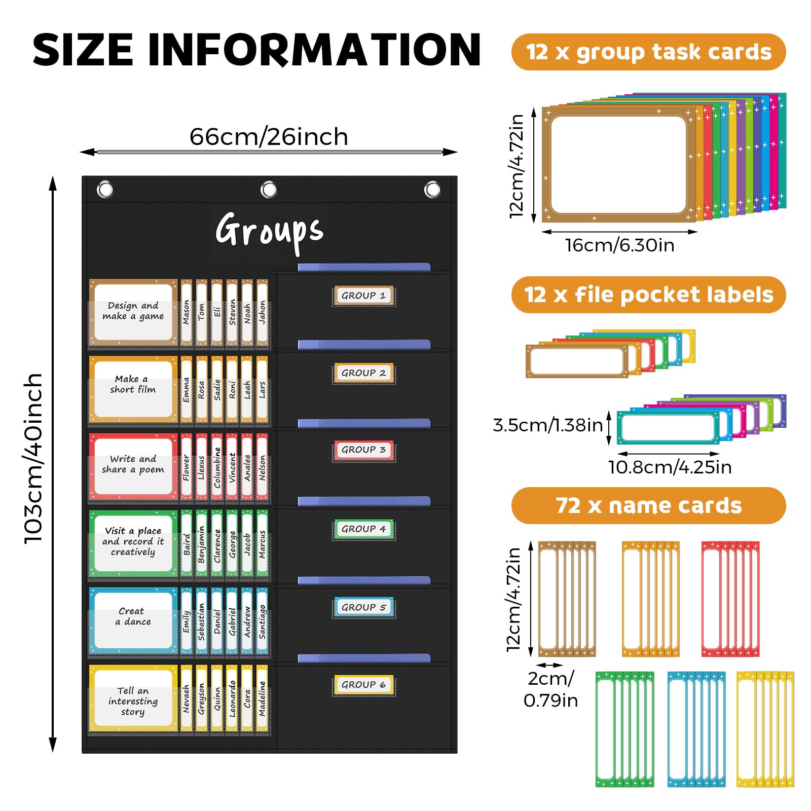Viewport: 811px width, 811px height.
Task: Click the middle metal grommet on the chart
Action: click(x=269, y=190)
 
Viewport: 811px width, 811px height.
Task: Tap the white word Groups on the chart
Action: click(x=269, y=231)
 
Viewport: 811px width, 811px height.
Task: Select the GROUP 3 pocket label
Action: click(x=363, y=450)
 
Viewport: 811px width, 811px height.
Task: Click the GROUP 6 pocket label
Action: click(x=363, y=685)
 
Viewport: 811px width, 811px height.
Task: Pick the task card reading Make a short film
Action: click(x=133, y=388)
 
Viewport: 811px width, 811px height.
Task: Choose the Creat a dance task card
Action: click(x=133, y=620)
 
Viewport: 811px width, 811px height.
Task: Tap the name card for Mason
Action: click(x=186, y=312)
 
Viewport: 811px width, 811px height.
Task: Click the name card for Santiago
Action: click(x=262, y=621)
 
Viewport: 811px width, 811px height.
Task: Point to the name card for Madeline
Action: click(x=262, y=698)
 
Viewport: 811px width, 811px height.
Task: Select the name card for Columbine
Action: click(x=217, y=467)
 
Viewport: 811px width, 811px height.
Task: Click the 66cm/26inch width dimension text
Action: click(x=269, y=137)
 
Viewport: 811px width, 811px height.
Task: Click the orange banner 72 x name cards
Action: click(x=648, y=505)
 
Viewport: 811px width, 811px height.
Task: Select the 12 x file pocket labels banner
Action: click(x=648, y=294)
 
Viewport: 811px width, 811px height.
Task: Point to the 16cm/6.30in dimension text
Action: click(x=619, y=245)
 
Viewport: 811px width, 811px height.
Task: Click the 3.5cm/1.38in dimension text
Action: click(x=548, y=425)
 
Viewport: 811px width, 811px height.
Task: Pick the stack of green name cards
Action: click(x=624, y=729)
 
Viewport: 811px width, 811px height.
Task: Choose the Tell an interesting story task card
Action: click(x=133, y=700)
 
